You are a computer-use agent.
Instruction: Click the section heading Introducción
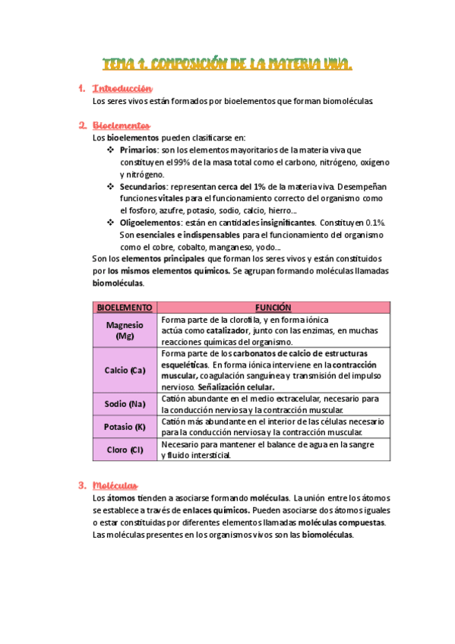pos(122,89)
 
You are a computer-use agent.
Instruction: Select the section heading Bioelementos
pos(121,125)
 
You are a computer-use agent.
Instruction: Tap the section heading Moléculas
pos(115,485)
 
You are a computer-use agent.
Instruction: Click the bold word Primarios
pos(139,150)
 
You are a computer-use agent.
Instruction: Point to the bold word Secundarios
pos(144,186)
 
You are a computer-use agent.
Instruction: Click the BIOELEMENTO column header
pos(124,308)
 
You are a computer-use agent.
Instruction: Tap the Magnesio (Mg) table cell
pos(124,330)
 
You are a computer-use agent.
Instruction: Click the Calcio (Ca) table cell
pos(124,370)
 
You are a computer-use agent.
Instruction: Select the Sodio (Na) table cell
pos(124,403)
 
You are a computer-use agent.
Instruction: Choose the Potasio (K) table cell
pos(124,427)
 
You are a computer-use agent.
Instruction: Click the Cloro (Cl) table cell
pos(124,450)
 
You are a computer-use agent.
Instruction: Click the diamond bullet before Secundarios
pos(111,186)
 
